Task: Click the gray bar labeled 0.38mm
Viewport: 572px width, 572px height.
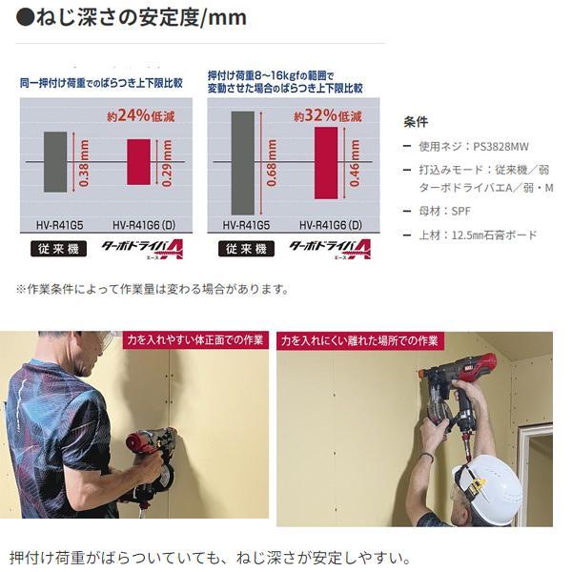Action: coord(55,162)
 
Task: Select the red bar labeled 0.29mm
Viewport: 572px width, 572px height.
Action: coord(138,162)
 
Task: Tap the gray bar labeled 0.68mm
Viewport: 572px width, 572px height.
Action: coord(242,163)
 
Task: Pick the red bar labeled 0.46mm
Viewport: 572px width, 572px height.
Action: coord(326,163)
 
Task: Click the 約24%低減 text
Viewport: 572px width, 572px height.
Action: coord(141,116)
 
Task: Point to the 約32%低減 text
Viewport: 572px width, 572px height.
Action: coord(328,116)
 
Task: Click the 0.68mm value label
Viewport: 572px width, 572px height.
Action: coord(272,163)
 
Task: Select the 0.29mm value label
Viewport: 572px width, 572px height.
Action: coord(167,163)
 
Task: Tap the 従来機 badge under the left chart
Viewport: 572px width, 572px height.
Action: coord(59,249)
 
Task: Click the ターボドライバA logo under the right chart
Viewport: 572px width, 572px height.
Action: coord(330,249)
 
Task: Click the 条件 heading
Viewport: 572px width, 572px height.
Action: coord(416,122)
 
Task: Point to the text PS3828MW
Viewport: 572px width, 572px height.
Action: coord(500,147)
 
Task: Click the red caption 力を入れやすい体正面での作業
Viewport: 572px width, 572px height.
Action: coord(195,340)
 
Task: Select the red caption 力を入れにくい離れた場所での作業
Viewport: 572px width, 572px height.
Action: coord(359,340)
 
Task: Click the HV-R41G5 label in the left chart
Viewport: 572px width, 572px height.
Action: coord(59,225)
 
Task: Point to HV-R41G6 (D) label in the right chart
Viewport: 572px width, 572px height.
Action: coord(331,225)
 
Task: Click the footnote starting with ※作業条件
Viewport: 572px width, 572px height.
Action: coord(153,289)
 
